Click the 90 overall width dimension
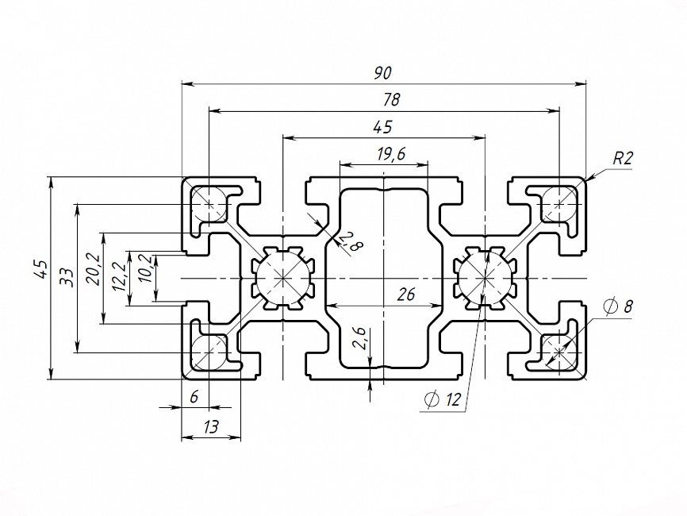[383, 73]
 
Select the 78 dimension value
[391, 100]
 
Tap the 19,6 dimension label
[391, 154]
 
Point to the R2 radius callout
[623, 158]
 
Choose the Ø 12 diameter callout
[443, 400]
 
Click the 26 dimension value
[406, 295]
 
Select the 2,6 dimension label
[359, 338]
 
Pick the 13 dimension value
[211, 427]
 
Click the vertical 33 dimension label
[67, 278]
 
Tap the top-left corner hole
[209, 203]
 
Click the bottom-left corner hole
[209, 350]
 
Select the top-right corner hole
[560, 203]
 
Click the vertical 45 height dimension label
[40, 270]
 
